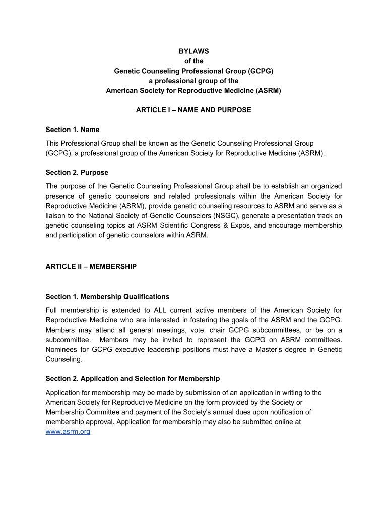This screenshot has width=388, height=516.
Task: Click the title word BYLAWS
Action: tap(193, 51)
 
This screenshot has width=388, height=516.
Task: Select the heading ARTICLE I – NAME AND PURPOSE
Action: tap(193, 110)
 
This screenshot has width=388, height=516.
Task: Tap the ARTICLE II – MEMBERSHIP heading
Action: tap(91, 266)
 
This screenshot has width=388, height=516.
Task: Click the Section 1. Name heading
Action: tap(73, 130)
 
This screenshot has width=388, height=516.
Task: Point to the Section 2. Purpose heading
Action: tap(77, 173)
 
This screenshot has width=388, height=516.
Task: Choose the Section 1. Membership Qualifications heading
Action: tap(107, 297)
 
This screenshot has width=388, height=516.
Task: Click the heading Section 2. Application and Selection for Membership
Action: tap(133, 379)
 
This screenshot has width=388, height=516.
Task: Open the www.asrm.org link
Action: tap(68, 432)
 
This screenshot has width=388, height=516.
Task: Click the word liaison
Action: tap(57, 216)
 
